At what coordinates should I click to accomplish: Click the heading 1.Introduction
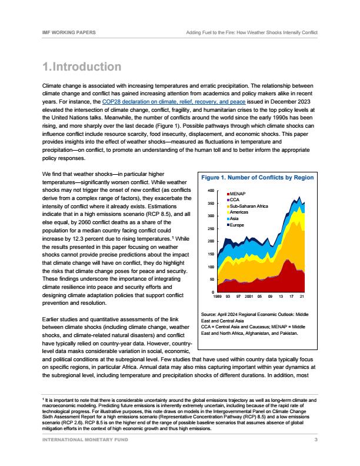[x=82, y=66]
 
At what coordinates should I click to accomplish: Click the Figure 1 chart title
[x=258, y=177]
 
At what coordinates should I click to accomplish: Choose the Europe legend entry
[x=238, y=225]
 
